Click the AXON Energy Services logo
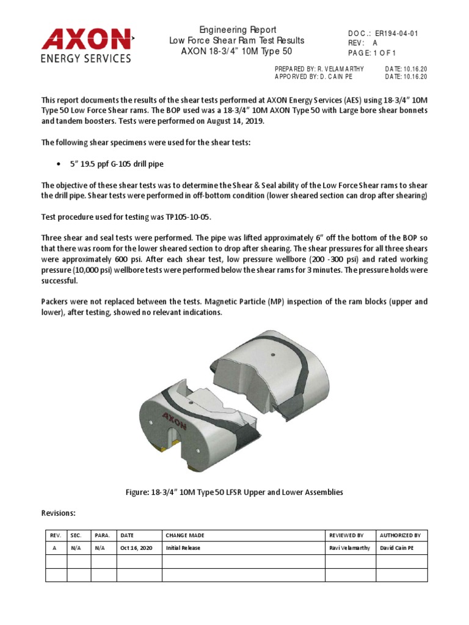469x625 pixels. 87,45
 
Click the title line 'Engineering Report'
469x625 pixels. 238,30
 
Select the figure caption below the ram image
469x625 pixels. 234,493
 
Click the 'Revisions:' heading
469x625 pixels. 58,513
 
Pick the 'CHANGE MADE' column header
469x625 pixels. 186,535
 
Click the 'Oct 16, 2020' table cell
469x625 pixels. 137,548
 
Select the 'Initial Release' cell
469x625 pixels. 183,548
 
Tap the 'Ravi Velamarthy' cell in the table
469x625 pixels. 349,548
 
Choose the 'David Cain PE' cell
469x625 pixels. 397,548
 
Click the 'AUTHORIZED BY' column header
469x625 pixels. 400,535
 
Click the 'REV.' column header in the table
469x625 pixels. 54,535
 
